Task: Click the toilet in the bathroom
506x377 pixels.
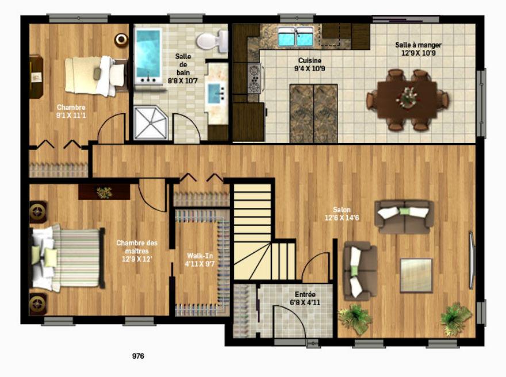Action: pyautogui.click(x=212, y=41)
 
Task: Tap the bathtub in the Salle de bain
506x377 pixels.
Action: pyautogui.click(x=148, y=56)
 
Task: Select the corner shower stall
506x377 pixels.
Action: pyautogui.click(x=151, y=123)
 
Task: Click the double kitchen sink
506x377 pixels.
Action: pyautogui.click(x=296, y=36)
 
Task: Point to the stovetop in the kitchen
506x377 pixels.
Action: pyautogui.click(x=254, y=79)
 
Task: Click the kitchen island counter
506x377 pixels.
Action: pyautogui.click(x=313, y=113)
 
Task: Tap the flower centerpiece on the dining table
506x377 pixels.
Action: pyautogui.click(x=407, y=97)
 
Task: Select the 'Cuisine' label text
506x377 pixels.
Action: pyautogui.click(x=309, y=60)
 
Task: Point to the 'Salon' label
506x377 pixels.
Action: pyautogui.click(x=342, y=210)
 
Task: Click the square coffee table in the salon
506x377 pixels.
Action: pyautogui.click(x=416, y=275)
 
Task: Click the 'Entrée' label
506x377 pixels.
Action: pyautogui.click(x=305, y=294)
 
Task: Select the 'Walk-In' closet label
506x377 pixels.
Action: pyautogui.click(x=200, y=256)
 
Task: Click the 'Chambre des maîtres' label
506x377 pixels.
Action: pyautogui.click(x=137, y=247)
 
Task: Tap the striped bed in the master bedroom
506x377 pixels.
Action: pyautogui.click(x=68, y=257)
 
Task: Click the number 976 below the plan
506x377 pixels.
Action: pyautogui.click(x=138, y=356)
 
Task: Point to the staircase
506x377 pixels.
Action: pyautogui.click(x=258, y=232)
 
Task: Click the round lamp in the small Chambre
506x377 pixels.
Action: pyautogui.click(x=121, y=39)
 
